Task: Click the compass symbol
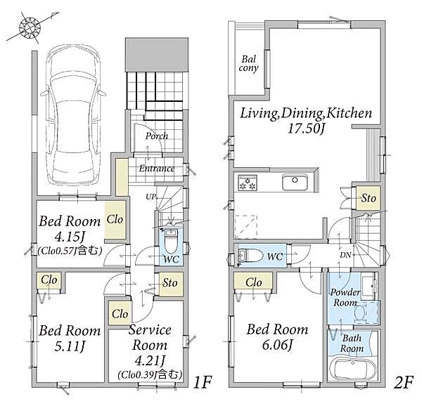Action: tap(30, 27)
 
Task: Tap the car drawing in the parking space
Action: tap(73, 114)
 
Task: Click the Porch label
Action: tap(157, 136)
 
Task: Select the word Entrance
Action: tap(157, 169)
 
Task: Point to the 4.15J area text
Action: tap(70, 237)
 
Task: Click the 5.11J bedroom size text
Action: tap(70, 346)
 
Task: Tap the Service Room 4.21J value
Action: tap(150, 360)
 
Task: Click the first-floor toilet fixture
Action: tap(170, 240)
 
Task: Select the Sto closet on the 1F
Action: tap(170, 284)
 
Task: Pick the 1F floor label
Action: tap(203, 383)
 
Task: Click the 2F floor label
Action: tap(403, 383)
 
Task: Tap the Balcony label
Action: tap(248, 64)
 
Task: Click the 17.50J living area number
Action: tap(306, 129)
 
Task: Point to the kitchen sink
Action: tap(295, 182)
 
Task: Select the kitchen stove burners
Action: tap(248, 183)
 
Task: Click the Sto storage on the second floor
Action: tap(368, 198)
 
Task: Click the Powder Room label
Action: tap(345, 298)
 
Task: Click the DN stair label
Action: tap(345, 255)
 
